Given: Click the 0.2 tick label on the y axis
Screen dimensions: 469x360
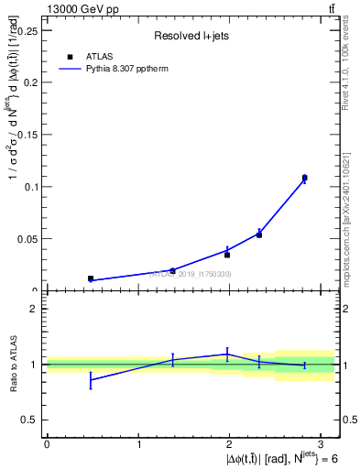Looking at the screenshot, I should click(x=31, y=82).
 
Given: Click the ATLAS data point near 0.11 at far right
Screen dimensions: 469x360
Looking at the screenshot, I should click(x=304, y=178).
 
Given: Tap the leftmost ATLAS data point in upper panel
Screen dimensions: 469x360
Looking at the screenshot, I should click(x=91, y=278).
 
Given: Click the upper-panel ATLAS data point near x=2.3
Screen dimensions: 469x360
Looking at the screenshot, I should click(x=259, y=234).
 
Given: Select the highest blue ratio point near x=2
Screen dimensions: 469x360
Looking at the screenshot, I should click(x=227, y=354).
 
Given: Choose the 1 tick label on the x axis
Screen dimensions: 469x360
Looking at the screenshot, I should click(x=138, y=444).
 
